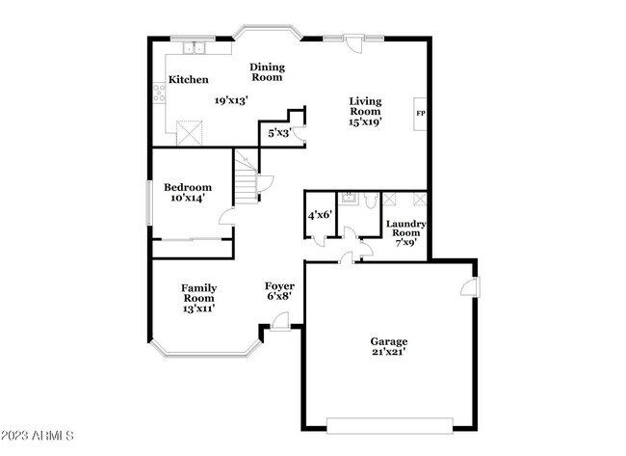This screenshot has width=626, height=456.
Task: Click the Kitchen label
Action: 189,79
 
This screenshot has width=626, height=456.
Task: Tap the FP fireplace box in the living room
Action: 420,114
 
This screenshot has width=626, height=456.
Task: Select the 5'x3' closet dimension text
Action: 279,132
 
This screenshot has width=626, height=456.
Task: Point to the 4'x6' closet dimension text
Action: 319,216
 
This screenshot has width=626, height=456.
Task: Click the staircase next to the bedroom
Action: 248,178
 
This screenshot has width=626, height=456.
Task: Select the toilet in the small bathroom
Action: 349,200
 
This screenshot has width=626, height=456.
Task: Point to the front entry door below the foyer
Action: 280,329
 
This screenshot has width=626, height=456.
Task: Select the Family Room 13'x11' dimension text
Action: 198,308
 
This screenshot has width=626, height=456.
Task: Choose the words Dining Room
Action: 267,71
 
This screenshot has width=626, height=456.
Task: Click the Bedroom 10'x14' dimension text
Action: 187,198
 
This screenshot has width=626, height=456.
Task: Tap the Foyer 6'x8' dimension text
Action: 278,296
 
